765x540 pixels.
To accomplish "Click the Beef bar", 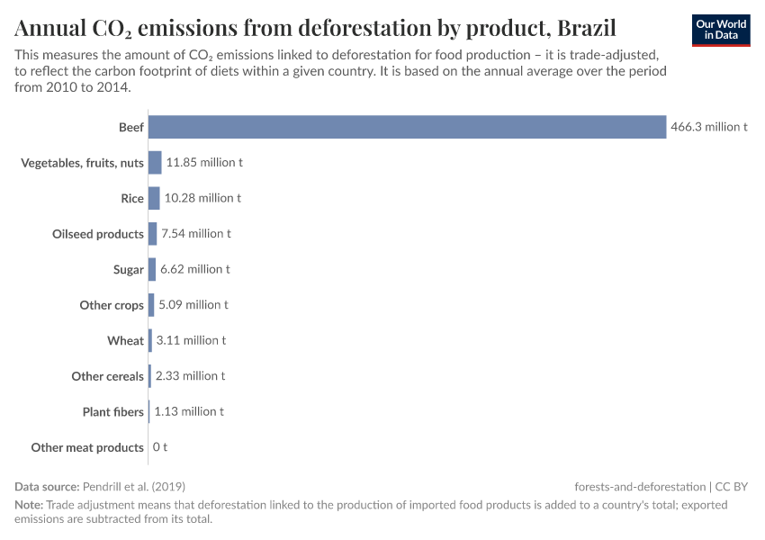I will click(406, 127).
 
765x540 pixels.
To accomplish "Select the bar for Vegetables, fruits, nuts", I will click(155, 163).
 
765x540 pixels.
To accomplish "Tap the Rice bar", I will click(154, 198).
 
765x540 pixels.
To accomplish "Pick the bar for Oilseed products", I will click(152, 234).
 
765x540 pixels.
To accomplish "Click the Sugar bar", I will click(152, 269).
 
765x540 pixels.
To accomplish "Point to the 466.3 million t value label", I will click(708, 128).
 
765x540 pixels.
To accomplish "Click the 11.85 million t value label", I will click(204, 163).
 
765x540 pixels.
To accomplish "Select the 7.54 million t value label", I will click(195, 234).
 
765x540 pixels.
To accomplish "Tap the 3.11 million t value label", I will click(190, 340).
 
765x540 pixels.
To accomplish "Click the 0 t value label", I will click(159, 447).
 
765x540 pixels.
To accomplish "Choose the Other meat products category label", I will click(87, 447).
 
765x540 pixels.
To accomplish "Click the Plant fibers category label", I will click(112, 412).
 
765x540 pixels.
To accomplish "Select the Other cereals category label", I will click(107, 376).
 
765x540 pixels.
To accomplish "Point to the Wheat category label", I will click(125, 341).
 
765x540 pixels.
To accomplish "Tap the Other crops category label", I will click(112, 305).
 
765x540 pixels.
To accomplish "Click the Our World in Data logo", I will click(721, 30).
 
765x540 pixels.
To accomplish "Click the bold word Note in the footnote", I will click(28, 505).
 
